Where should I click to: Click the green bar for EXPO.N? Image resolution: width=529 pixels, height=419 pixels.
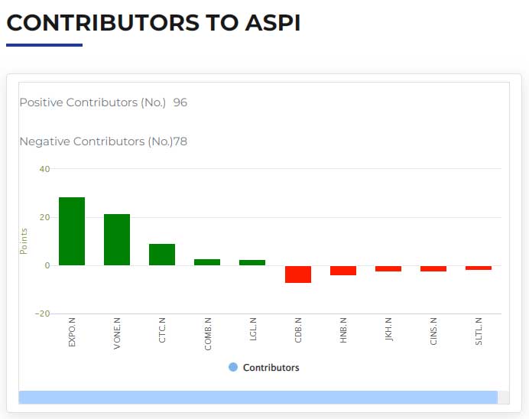(72, 231)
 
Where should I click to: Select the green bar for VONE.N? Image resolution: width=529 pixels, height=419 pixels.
(117, 239)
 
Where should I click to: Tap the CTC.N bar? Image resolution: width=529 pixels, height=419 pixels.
(162, 255)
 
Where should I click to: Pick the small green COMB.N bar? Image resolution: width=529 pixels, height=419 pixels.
(207, 262)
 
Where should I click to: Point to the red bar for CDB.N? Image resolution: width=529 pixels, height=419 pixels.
(298, 274)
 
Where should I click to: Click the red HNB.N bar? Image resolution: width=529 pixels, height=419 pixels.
(343, 271)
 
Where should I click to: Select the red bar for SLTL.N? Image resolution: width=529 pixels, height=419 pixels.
(479, 268)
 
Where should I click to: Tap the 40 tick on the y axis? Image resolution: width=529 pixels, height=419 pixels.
(44, 169)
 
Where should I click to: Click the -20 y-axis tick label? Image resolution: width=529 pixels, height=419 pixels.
(43, 313)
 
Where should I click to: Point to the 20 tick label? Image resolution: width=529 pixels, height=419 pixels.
(44, 217)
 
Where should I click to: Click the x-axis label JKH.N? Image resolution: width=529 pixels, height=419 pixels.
(388, 330)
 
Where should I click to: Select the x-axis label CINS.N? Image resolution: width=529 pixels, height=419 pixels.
(433, 331)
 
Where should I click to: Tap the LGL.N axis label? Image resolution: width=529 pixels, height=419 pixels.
(253, 330)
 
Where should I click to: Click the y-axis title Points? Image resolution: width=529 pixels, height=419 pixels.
(23, 241)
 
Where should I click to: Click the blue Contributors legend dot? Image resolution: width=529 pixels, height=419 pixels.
(233, 367)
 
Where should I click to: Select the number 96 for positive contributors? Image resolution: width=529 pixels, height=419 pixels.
(180, 102)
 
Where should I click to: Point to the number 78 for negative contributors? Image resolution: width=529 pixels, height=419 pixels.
(180, 141)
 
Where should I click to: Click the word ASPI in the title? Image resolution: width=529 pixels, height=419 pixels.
(273, 23)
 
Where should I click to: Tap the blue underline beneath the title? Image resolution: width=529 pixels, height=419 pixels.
(44, 45)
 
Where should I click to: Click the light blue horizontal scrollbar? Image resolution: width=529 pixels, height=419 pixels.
(258, 397)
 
